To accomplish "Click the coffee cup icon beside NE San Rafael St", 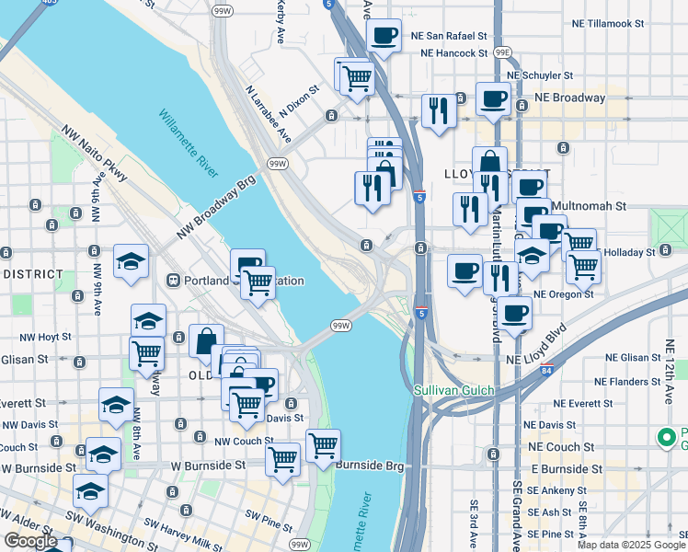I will click(x=384, y=37).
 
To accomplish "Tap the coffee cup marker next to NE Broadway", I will click(x=493, y=98).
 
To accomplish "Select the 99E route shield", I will click(x=502, y=53).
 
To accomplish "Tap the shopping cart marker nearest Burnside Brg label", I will click(x=323, y=446).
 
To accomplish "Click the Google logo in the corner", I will click(x=30, y=540).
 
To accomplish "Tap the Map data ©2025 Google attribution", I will click(x=631, y=545).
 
